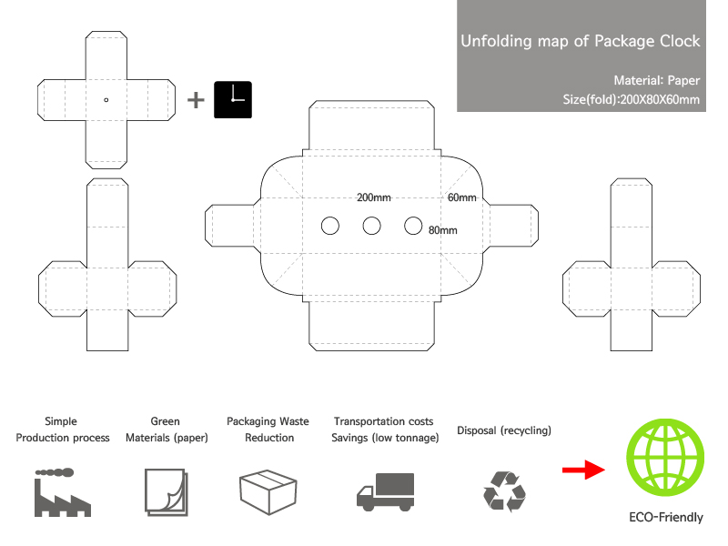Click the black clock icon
[x=232, y=100]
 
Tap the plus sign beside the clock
[x=196, y=100]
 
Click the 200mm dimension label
[x=373, y=197]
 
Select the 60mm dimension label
[x=461, y=197]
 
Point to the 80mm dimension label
[x=442, y=230]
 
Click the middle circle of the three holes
[x=371, y=226]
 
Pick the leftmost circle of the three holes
[x=330, y=226]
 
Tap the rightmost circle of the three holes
[x=413, y=226]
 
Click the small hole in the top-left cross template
[x=106, y=100]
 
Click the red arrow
[x=583, y=470]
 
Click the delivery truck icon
[x=385, y=491]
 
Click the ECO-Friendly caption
[x=666, y=518]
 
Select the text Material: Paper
[x=657, y=80]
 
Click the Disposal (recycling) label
[x=504, y=430]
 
